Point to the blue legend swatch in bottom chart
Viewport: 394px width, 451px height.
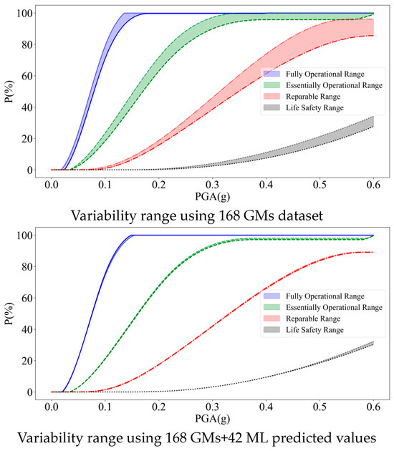(271, 296)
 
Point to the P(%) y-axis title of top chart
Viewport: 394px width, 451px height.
(9, 92)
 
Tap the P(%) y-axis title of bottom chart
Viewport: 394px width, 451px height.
(9, 314)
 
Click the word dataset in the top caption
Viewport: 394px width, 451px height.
(297, 215)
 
